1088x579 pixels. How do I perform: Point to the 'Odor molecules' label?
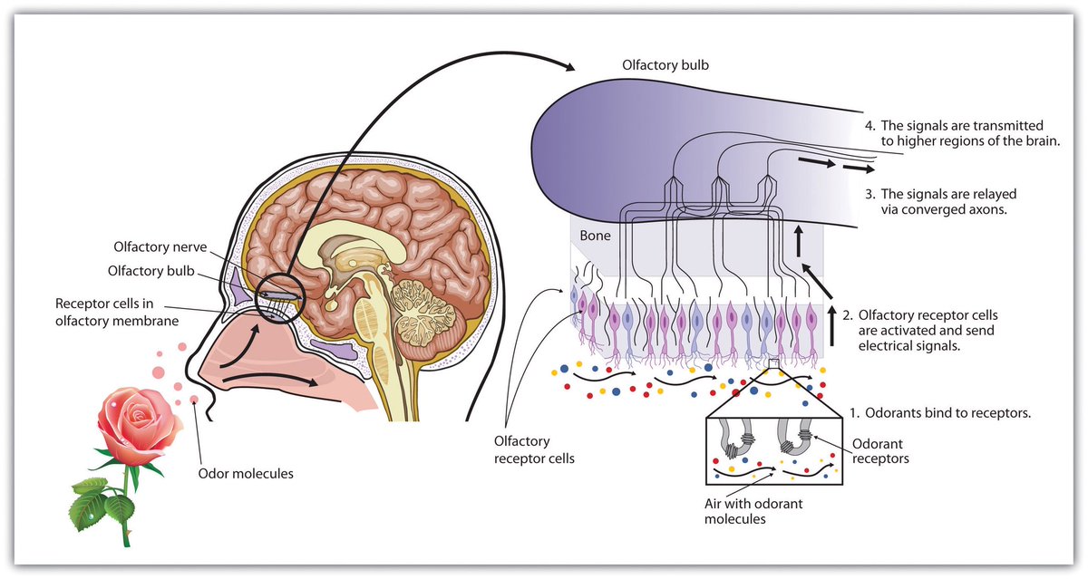[x=245, y=472]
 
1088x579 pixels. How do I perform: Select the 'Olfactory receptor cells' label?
[x=534, y=449]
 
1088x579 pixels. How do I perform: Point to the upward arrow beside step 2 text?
[x=831, y=321]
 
